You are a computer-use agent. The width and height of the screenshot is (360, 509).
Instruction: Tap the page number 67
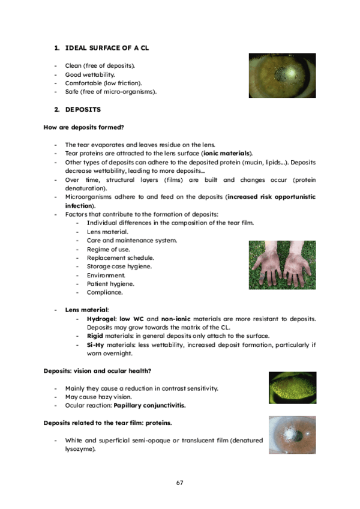tap(179, 483)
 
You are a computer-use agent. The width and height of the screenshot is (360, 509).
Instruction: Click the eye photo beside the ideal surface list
tap(282, 76)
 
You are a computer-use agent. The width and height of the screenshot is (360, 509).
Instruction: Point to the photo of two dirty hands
tap(281, 265)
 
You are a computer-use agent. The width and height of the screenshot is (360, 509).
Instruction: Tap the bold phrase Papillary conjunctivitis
tap(154, 406)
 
